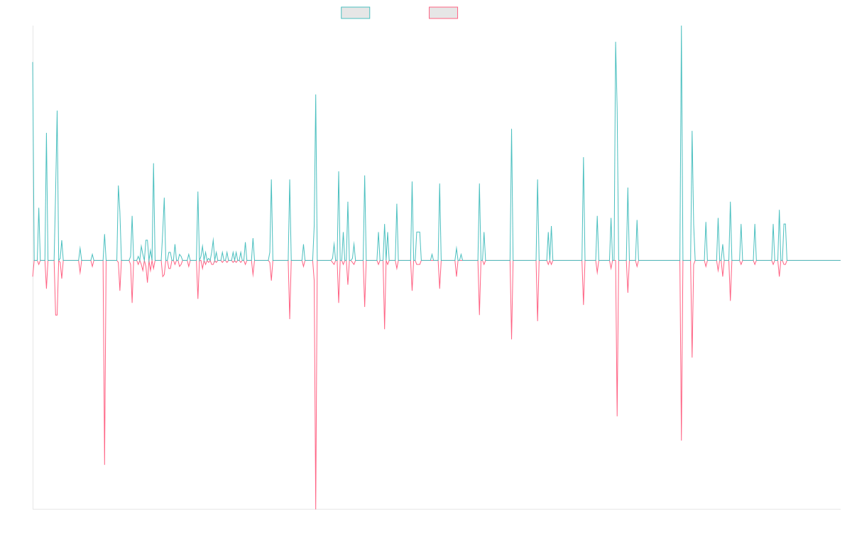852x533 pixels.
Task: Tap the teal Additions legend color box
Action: (x=356, y=13)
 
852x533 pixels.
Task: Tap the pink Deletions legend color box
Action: (x=444, y=13)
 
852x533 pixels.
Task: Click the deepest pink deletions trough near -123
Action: (x=316, y=507)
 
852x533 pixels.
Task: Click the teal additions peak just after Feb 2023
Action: (x=616, y=42)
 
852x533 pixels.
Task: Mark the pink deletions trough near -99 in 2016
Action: (x=104, y=464)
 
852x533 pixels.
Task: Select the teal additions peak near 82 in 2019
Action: (x=316, y=95)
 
